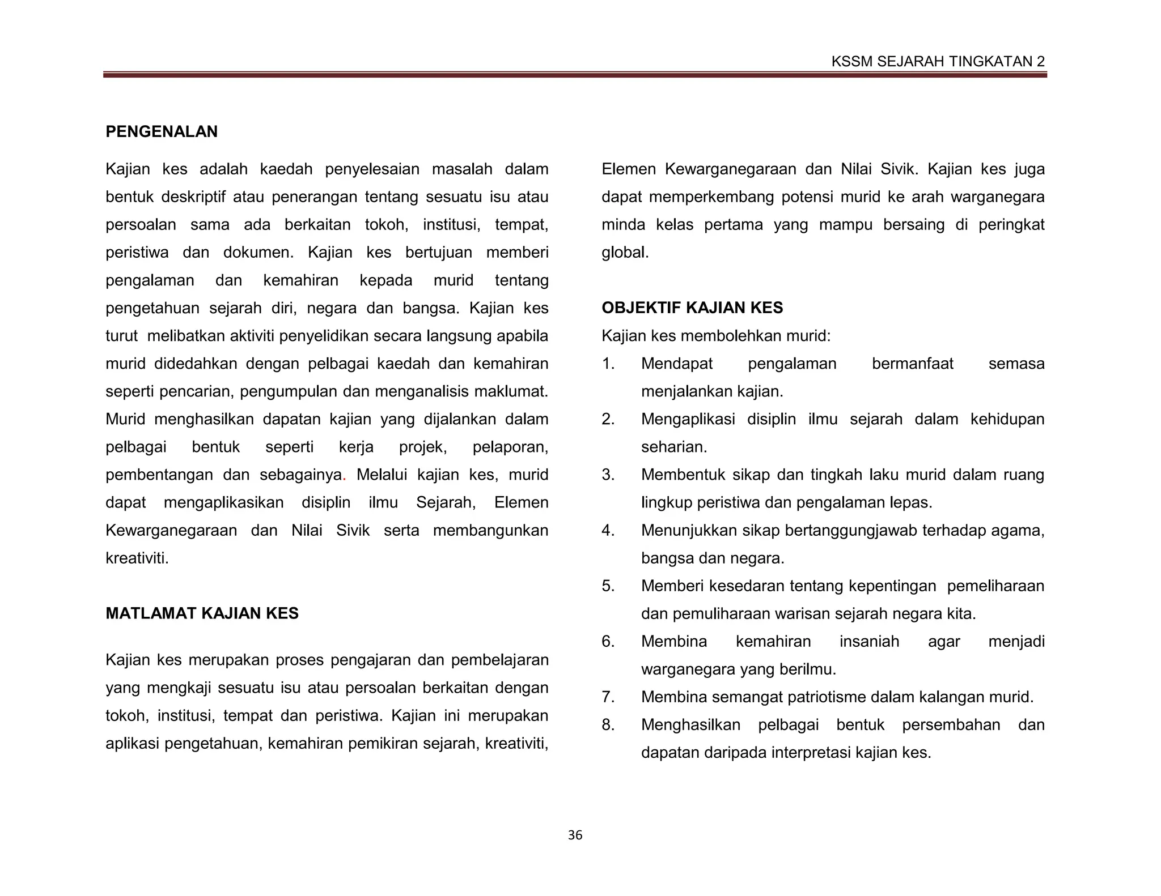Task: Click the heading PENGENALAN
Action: click(162, 132)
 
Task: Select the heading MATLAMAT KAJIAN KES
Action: click(202, 613)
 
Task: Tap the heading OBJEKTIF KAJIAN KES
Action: click(692, 308)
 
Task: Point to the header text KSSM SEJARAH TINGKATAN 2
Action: click(938, 62)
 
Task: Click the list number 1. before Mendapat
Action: click(608, 364)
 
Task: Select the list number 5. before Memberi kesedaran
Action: click(608, 586)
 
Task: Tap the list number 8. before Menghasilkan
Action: click(608, 725)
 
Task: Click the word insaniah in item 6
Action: click(869, 642)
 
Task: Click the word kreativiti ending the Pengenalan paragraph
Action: click(136, 558)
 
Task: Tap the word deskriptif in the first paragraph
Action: click(193, 197)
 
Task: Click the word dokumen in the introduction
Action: click(257, 253)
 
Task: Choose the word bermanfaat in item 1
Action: click(912, 364)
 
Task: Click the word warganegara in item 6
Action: click(688, 669)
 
